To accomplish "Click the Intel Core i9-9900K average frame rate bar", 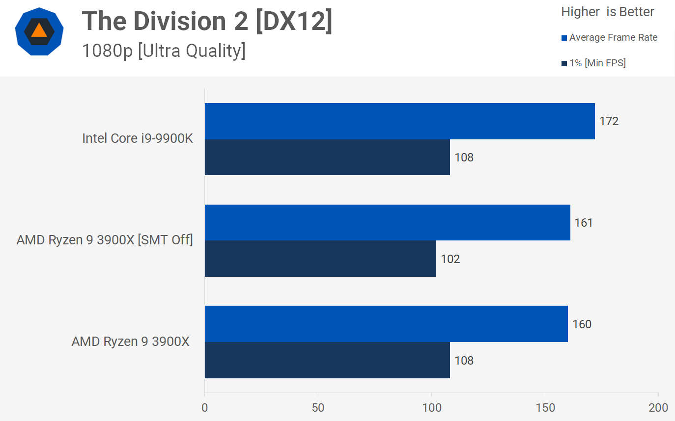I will (399, 121).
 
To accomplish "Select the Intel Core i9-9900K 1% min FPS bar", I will (327, 158).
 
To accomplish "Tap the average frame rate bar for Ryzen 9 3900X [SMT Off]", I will (387, 223).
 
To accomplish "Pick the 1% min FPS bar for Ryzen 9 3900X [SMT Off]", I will (320, 259).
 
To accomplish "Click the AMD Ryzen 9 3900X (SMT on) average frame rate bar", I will (386, 324).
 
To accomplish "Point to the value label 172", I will (609, 121).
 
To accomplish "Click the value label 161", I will (584, 223).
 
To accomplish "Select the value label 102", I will (450, 259).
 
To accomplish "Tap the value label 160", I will (582, 324).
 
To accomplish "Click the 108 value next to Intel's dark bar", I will (464, 158).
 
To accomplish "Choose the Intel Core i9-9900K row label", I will (138, 138).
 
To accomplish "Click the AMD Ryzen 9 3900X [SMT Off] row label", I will (105, 240).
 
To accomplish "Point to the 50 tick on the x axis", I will (318, 408).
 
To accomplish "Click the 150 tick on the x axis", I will (545, 408).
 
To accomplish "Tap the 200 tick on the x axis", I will (658, 408).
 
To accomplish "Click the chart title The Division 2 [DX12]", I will (207, 22).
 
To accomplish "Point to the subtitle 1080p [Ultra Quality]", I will (164, 51).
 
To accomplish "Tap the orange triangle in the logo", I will (39, 31).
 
